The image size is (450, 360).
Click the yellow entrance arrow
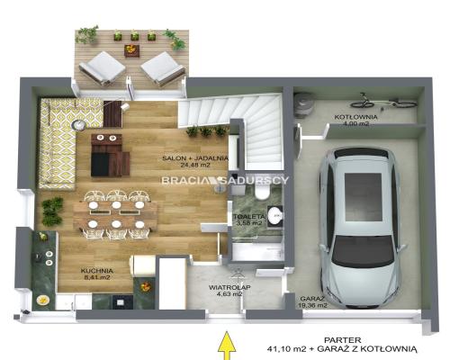tap(227, 345)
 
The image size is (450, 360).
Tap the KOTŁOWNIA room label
tap(355, 117)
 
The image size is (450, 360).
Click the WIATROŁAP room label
tap(229, 287)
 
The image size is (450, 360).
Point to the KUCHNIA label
tap(97, 271)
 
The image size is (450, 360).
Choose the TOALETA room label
tap(249, 216)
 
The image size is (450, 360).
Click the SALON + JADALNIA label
tap(195, 158)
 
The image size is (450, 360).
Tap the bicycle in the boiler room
tap(384, 101)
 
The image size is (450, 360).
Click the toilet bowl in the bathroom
tap(262, 193)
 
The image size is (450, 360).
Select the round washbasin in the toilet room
tap(274, 215)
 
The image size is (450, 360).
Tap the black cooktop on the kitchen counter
tap(122, 301)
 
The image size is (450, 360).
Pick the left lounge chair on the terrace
tap(102, 68)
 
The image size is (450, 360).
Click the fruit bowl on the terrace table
tap(132, 49)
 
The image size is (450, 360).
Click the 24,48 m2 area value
tap(195, 165)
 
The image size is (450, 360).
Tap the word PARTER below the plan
tap(342, 340)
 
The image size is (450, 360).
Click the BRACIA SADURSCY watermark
tap(225, 180)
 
